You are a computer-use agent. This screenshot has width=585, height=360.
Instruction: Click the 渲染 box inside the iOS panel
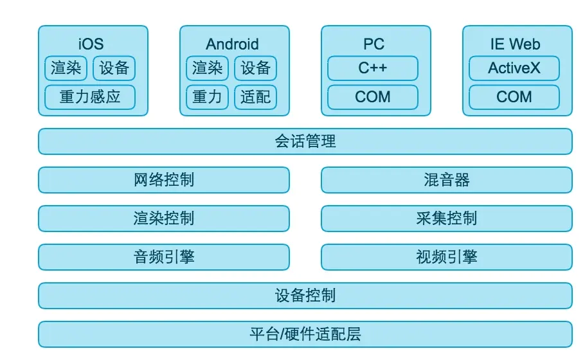click(66, 68)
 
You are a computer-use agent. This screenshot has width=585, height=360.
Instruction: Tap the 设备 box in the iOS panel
click(114, 68)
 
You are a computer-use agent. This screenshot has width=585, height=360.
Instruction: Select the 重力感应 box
click(90, 97)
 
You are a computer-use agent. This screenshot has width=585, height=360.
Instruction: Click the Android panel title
click(232, 44)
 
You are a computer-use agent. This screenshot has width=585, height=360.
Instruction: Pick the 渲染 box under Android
click(208, 68)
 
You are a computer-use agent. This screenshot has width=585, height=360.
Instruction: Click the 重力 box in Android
click(208, 97)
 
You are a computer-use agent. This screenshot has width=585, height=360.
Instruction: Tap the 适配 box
click(256, 97)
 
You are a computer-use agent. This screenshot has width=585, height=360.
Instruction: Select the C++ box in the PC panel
click(373, 68)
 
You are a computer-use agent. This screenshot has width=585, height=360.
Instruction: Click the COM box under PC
click(373, 97)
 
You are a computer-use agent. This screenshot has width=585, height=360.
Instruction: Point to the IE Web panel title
click(515, 44)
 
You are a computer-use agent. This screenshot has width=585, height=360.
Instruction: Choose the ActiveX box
click(514, 68)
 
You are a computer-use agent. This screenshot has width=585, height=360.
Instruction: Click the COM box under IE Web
click(514, 97)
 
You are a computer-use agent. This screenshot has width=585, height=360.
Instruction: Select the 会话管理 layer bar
click(305, 141)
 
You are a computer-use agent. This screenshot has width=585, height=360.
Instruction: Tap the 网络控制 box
click(164, 180)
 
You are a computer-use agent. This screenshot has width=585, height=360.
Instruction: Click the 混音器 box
click(447, 180)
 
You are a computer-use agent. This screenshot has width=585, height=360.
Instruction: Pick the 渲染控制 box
click(164, 219)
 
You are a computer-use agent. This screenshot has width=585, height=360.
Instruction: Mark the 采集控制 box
click(447, 219)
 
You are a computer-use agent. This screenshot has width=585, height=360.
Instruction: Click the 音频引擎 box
click(164, 257)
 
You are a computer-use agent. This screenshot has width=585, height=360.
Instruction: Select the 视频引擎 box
click(447, 257)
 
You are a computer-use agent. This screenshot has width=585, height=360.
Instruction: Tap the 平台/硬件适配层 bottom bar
click(305, 334)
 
